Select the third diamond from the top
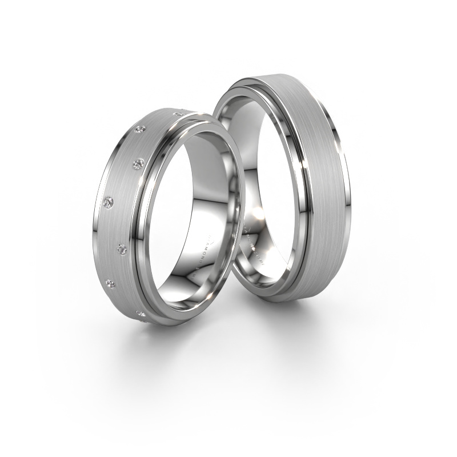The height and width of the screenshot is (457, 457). [137, 165]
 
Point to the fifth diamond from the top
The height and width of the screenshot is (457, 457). [122, 248]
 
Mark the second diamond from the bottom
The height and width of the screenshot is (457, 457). [112, 284]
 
